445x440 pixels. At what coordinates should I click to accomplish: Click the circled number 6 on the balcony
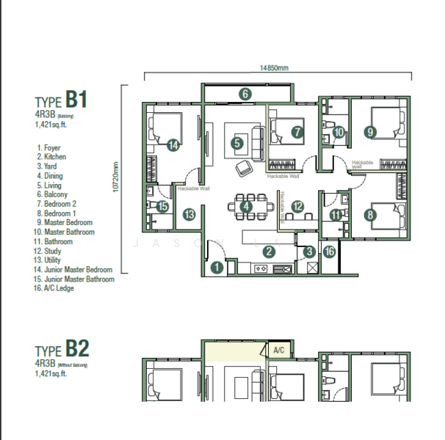(245, 93)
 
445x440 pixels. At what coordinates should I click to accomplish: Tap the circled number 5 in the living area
(236, 144)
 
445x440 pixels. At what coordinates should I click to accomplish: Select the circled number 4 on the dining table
(247, 207)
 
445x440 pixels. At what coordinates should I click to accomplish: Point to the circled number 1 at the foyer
(217, 268)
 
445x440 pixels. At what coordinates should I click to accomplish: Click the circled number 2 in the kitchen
(269, 252)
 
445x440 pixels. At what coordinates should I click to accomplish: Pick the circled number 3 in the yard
(310, 252)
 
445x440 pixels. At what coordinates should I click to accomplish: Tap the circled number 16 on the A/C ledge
(329, 252)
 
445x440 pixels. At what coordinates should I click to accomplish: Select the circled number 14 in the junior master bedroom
(172, 145)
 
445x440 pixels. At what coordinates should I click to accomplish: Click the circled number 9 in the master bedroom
(370, 132)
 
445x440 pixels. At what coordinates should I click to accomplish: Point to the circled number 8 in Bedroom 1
(370, 215)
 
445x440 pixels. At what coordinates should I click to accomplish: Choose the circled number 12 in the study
(297, 207)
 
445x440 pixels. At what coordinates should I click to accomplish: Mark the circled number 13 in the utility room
(189, 214)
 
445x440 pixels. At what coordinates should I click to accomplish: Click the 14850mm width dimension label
(273, 67)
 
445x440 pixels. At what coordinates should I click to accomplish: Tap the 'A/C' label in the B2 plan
(278, 351)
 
